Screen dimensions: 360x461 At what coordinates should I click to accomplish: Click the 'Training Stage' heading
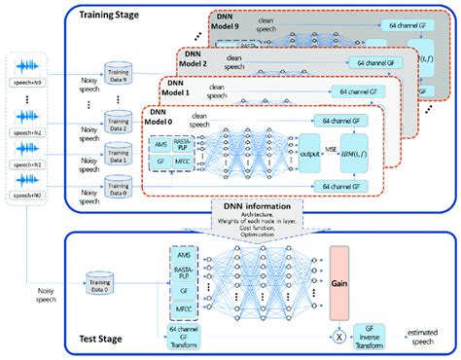coord(114,17)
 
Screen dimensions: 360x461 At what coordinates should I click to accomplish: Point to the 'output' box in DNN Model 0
coord(310,153)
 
